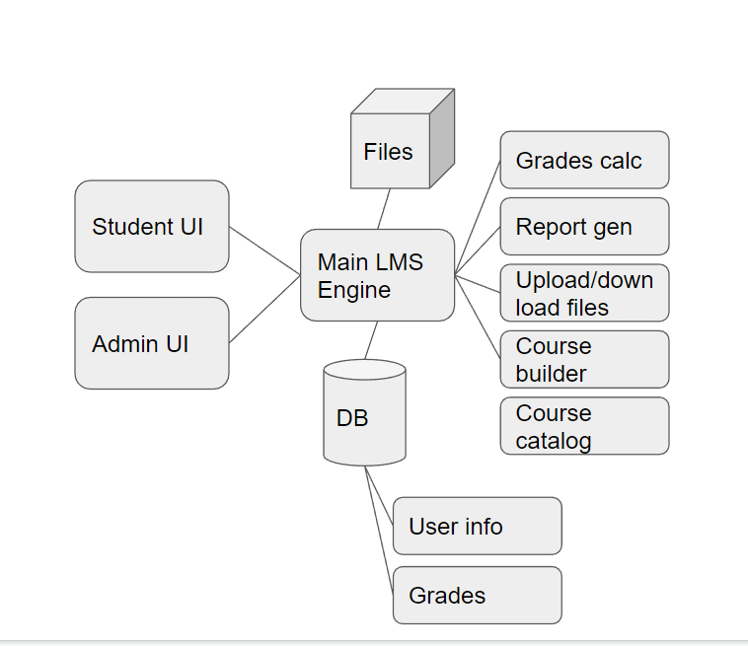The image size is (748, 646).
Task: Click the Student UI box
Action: pos(151,226)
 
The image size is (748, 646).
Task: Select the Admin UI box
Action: pos(151,343)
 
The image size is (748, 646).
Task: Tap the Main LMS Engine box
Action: pos(377,275)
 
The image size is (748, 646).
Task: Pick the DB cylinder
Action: pos(364,419)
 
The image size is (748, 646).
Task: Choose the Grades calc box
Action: pos(584,160)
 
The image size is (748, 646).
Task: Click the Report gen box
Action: pos(584,227)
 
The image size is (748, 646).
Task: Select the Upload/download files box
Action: pos(584,293)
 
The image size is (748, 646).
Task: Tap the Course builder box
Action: pos(584,360)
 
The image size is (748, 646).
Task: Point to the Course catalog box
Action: pos(584,426)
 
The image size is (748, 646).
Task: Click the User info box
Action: pos(477,526)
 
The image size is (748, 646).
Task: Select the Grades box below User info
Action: pos(477,595)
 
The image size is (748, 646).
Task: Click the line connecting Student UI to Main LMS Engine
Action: pos(264,251)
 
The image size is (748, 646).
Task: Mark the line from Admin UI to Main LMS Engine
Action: pos(264,310)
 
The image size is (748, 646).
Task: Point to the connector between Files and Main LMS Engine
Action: pos(384,209)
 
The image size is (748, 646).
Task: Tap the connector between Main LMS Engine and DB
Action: pos(371,340)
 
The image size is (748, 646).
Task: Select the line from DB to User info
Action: pos(379,496)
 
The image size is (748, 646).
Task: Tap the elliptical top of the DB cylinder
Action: pos(364,370)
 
